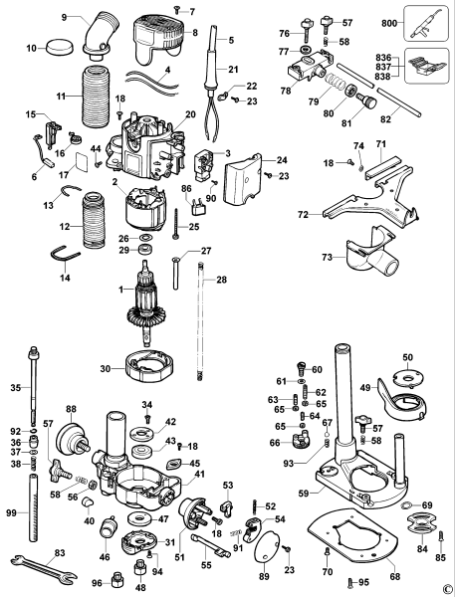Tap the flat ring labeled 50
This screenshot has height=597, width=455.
point(406,378)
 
